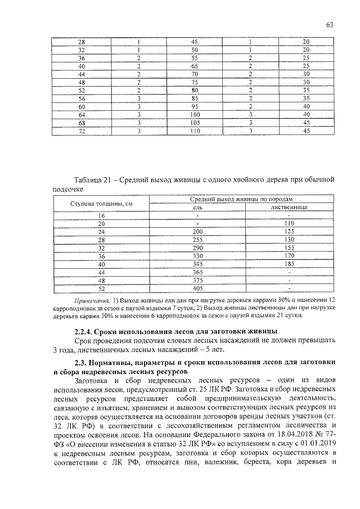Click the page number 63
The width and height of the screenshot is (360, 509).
tap(330, 24)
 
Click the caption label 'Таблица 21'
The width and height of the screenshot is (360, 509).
tap(91, 179)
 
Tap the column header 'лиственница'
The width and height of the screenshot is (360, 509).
tap(288, 207)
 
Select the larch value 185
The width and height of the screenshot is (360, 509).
tap(288, 263)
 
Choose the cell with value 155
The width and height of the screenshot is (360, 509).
tap(288, 247)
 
